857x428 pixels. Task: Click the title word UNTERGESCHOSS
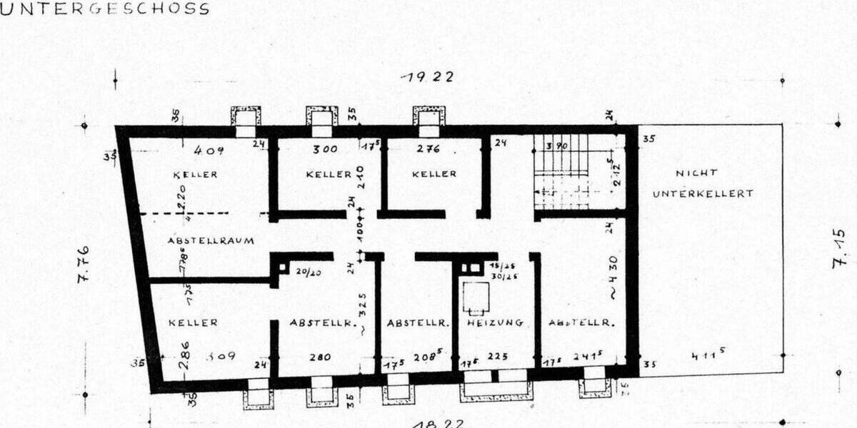105,9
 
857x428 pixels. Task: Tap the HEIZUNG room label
495,322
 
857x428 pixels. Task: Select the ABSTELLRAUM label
211,240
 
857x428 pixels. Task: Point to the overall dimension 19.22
426,77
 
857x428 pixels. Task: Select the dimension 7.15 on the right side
840,248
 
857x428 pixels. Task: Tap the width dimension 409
210,151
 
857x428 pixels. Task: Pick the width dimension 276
428,150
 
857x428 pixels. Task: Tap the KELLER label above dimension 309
193,322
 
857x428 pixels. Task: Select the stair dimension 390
555,146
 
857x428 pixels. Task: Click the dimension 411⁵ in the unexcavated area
707,355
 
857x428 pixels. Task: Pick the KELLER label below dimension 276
434,174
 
